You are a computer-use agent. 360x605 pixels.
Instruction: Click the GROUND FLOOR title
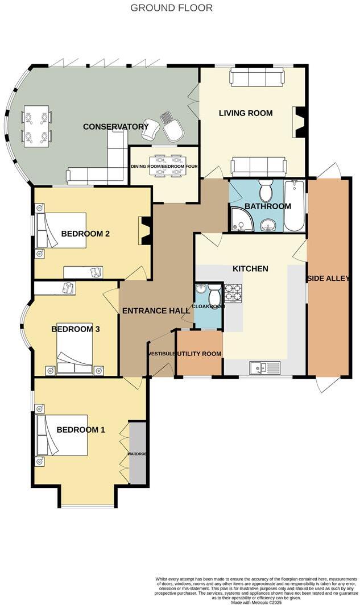click(x=171, y=8)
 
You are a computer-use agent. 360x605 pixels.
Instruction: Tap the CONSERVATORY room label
click(x=115, y=126)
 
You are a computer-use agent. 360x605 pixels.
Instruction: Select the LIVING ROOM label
click(x=246, y=113)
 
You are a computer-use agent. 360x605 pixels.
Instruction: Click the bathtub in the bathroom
click(x=294, y=206)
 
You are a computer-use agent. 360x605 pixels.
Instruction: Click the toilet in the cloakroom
click(x=214, y=295)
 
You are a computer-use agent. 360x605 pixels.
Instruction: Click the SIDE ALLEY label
click(x=328, y=278)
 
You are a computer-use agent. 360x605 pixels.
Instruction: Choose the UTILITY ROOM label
click(x=198, y=354)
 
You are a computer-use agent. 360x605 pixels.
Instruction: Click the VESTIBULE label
click(x=161, y=354)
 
